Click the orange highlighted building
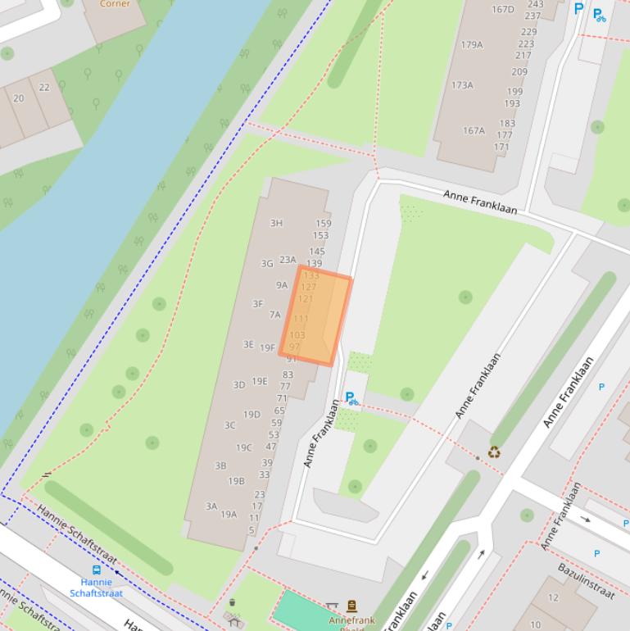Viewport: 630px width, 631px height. [x=316, y=316]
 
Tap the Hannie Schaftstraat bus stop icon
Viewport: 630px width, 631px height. [x=97, y=570]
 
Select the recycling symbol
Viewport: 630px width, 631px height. [x=494, y=452]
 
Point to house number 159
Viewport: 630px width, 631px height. [x=323, y=223]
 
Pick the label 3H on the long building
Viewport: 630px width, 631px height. [x=276, y=223]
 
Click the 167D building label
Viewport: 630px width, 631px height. [x=502, y=10]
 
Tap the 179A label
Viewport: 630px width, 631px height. [x=472, y=45]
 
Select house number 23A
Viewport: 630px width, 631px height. [x=288, y=260]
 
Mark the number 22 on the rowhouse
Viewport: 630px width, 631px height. [x=44, y=88]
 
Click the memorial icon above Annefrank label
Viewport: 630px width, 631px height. [x=352, y=606]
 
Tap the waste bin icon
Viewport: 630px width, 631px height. [x=233, y=603]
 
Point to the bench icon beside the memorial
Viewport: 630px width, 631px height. [x=332, y=606]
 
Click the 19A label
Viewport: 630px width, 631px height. [x=229, y=515]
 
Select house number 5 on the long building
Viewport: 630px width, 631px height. [x=252, y=530]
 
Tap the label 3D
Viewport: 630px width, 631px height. [x=238, y=384]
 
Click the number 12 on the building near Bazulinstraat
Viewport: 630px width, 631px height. [x=553, y=598]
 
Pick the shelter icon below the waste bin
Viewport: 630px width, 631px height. [x=234, y=620]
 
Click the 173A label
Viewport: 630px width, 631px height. [x=462, y=85]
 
